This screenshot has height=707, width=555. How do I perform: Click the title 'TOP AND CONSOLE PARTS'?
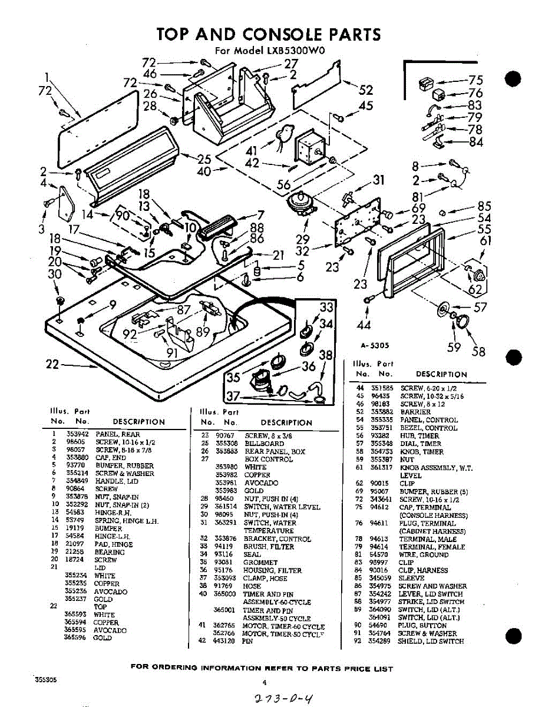tap(269, 34)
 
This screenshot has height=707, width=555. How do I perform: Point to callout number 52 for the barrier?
tap(366, 90)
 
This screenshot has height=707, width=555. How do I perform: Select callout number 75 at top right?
tap(475, 81)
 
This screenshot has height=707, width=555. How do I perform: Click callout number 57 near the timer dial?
tap(481, 307)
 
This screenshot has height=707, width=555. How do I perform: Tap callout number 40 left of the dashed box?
tap(204, 171)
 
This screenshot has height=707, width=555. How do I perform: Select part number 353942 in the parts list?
tap(77, 435)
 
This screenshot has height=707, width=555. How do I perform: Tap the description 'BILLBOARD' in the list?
tap(264, 443)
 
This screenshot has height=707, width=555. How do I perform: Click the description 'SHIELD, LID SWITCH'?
tap(431, 641)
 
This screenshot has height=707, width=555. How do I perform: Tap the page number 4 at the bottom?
tap(265, 683)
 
